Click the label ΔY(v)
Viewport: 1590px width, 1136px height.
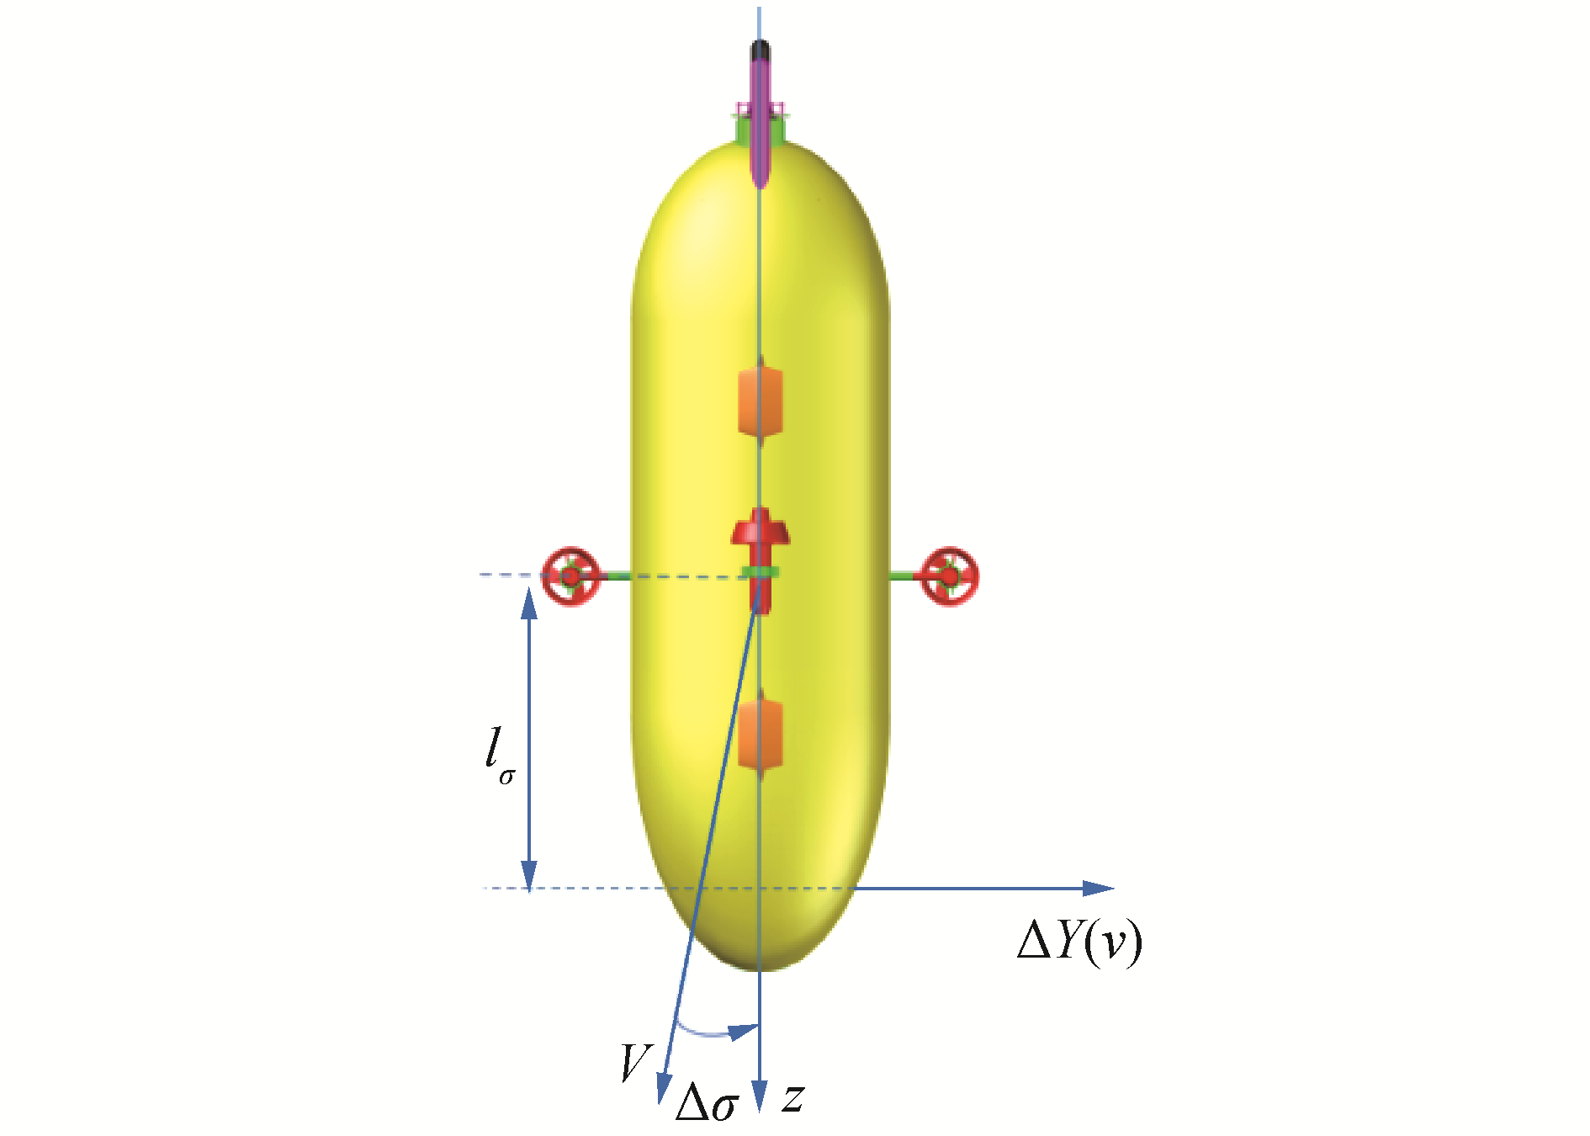(1079, 942)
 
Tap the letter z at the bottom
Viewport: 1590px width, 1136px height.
(793, 1098)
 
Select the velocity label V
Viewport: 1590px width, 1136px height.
(636, 1063)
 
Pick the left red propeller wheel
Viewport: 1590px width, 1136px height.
(570, 576)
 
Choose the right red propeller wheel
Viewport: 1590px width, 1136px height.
(949, 576)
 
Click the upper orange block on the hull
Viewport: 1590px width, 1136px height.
(761, 401)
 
